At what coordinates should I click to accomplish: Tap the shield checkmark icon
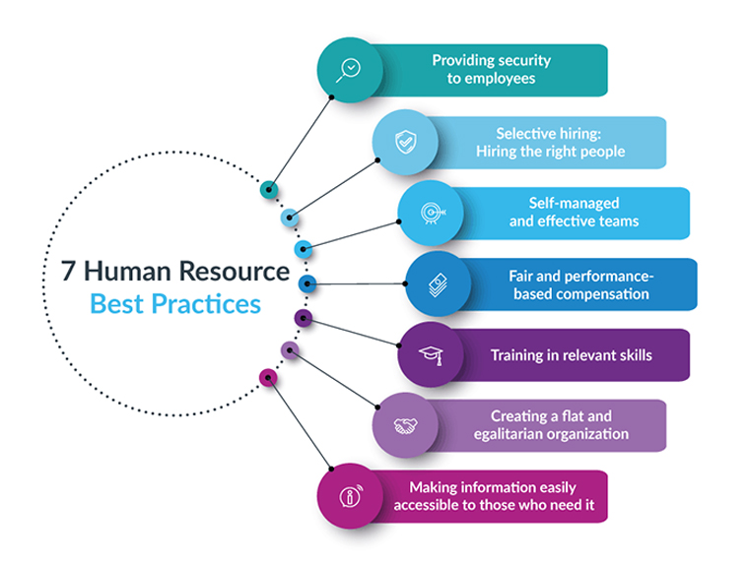(x=403, y=143)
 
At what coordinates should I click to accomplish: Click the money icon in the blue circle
(x=438, y=284)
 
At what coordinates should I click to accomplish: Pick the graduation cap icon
(x=430, y=354)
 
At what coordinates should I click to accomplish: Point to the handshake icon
(x=404, y=425)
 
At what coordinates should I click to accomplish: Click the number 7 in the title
(x=68, y=273)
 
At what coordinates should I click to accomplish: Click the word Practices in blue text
(x=210, y=303)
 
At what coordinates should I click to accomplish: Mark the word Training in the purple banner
(x=517, y=354)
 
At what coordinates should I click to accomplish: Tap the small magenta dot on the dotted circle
(x=267, y=376)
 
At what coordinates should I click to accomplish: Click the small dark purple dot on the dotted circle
(x=304, y=318)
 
